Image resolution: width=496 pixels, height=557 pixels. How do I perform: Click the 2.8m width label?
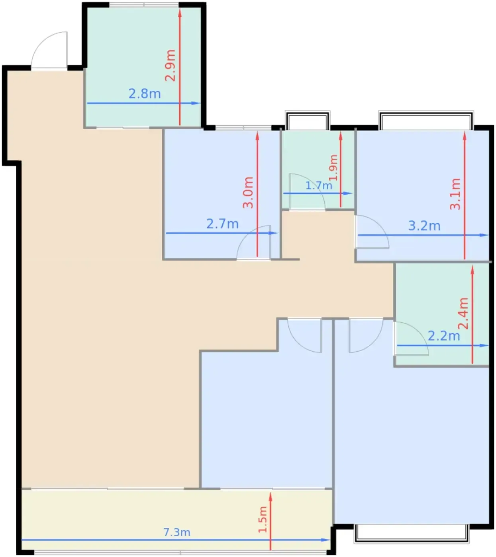[145, 94]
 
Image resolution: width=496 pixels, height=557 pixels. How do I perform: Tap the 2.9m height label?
[170, 65]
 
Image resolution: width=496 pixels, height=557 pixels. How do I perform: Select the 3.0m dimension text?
[248, 193]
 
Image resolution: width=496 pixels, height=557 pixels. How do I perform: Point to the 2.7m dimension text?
[222, 224]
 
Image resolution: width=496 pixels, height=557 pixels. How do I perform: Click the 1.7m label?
[319, 185]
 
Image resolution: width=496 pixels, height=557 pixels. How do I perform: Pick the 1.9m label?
[333, 167]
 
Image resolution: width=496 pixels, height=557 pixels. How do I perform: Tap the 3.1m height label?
[455, 194]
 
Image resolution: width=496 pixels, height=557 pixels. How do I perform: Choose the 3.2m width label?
[424, 226]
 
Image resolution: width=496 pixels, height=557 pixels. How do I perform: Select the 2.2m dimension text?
[444, 336]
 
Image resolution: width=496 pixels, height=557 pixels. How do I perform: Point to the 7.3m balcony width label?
[177, 532]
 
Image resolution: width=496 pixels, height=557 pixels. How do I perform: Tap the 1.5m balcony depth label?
[263, 520]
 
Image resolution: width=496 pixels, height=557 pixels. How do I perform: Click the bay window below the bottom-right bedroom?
[412, 534]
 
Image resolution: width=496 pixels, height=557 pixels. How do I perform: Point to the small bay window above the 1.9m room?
[308, 120]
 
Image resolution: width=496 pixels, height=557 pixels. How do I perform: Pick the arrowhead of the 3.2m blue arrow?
[484, 235]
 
